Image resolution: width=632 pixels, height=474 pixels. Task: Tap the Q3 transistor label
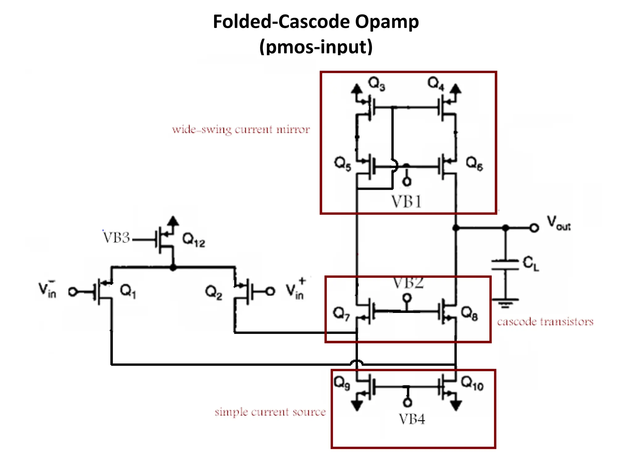coord(376,84)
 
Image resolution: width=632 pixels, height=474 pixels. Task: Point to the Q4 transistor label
coord(435,83)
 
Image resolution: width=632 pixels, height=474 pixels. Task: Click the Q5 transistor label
coord(343,163)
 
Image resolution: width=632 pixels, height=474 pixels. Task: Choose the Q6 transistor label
coord(474,163)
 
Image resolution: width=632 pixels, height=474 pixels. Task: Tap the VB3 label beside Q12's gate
coord(116,238)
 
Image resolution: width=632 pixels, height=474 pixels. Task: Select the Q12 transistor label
coord(193,240)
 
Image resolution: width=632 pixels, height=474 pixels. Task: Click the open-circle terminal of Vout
coord(534,228)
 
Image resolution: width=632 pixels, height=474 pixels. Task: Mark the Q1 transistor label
coord(128,291)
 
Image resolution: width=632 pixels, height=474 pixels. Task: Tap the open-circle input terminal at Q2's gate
coord(270,291)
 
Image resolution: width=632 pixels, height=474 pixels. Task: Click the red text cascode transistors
coord(545,322)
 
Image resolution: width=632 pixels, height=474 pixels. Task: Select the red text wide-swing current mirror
coord(241,129)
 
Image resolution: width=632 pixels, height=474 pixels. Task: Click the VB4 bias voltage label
coord(412,419)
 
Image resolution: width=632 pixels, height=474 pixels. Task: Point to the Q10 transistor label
coord(472,384)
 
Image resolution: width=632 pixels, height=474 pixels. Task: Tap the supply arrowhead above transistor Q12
coord(173,221)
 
